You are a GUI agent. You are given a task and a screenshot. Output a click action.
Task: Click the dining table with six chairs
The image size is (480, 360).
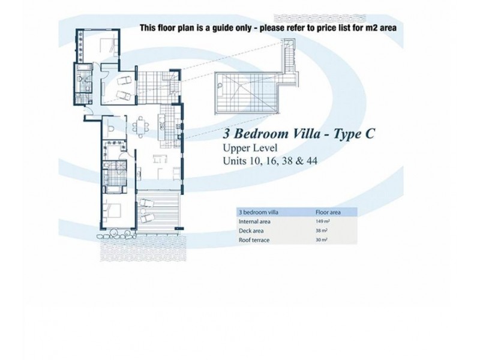point(142,127)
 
